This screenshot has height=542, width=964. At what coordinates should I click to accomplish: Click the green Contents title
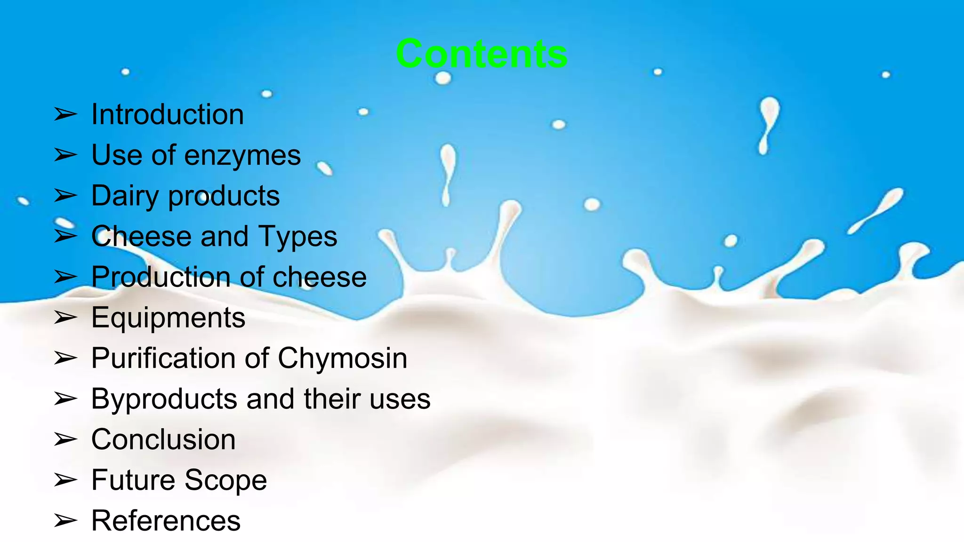pyautogui.click(x=482, y=54)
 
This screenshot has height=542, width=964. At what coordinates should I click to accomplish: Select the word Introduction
pyautogui.click(x=168, y=114)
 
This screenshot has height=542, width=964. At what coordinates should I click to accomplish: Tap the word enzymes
pyautogui.click(x=242, y=156)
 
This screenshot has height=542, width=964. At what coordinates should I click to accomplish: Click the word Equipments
pyautogui.click(x=168, y=318)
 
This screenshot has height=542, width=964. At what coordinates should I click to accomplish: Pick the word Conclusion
pyautogui.click(x=163, y=439)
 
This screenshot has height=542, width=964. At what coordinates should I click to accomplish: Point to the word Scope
pyautogui.click(x=225, y=480)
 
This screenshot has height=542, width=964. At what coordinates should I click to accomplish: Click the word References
pyautogui.click(x=166, y=521)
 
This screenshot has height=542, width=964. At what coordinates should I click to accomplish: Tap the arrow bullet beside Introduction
pyautogui.click(x=65, y=114)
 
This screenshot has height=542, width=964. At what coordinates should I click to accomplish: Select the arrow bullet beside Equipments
pyautogui.click(x=65, y=318)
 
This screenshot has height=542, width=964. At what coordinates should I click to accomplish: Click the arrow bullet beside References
pyautogui.click(x=65, y=521)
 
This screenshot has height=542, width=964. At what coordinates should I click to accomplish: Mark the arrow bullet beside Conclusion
pyautogui.click(x=65, y=439)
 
